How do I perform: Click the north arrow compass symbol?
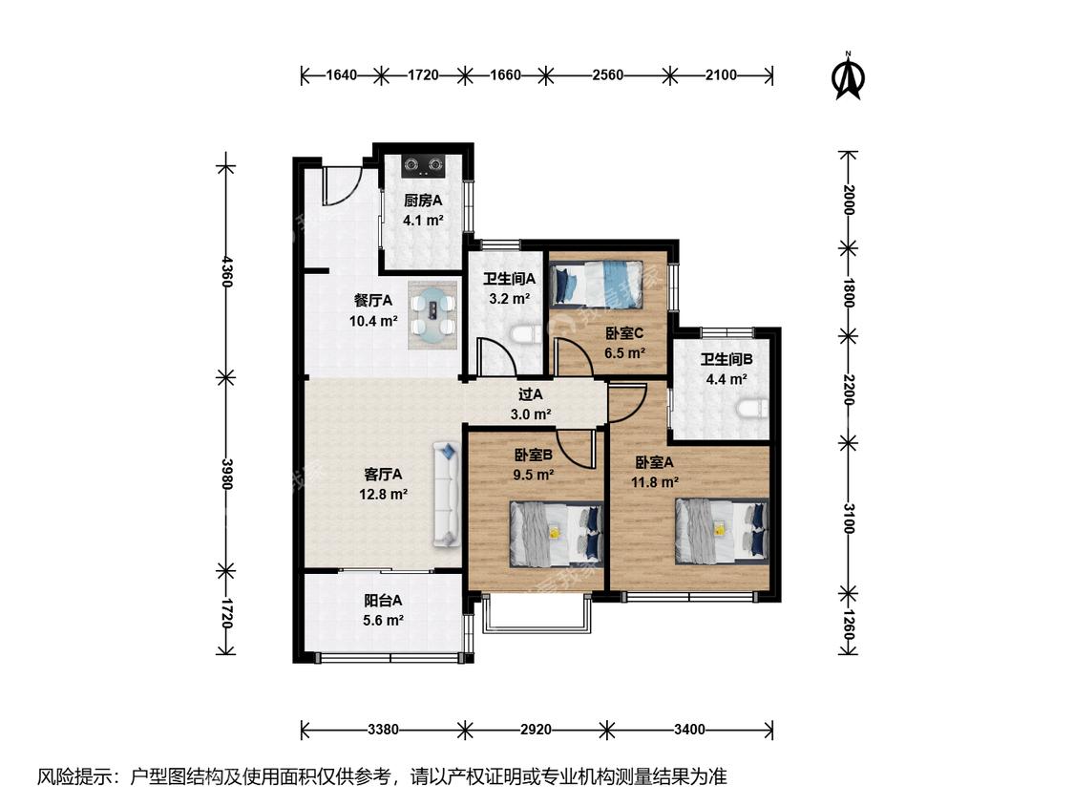click(x=848, y=76)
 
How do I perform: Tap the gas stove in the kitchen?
click(x=423, y=164)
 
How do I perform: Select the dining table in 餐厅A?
click(x=432, y=314)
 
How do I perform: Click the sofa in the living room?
click(x=446, y=494)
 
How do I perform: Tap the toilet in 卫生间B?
click(x=751, y=409)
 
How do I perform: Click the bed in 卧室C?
click(x=598, y=283)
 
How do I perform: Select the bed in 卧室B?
click(x=556, y=534)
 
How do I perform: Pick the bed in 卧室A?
click(x=722, y=530)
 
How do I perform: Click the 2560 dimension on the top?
click(x=607, y=74)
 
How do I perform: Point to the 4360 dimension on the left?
click(x=226, y=271)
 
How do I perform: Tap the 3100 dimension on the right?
click(x=849, y=519)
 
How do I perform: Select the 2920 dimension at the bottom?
click(x=536, y=730)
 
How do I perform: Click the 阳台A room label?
click(x=383, y=601)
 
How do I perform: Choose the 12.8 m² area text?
click(x=384, y=494)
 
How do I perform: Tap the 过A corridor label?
click(x=530, y=394)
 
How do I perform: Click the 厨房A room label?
click(x=423, y=201)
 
